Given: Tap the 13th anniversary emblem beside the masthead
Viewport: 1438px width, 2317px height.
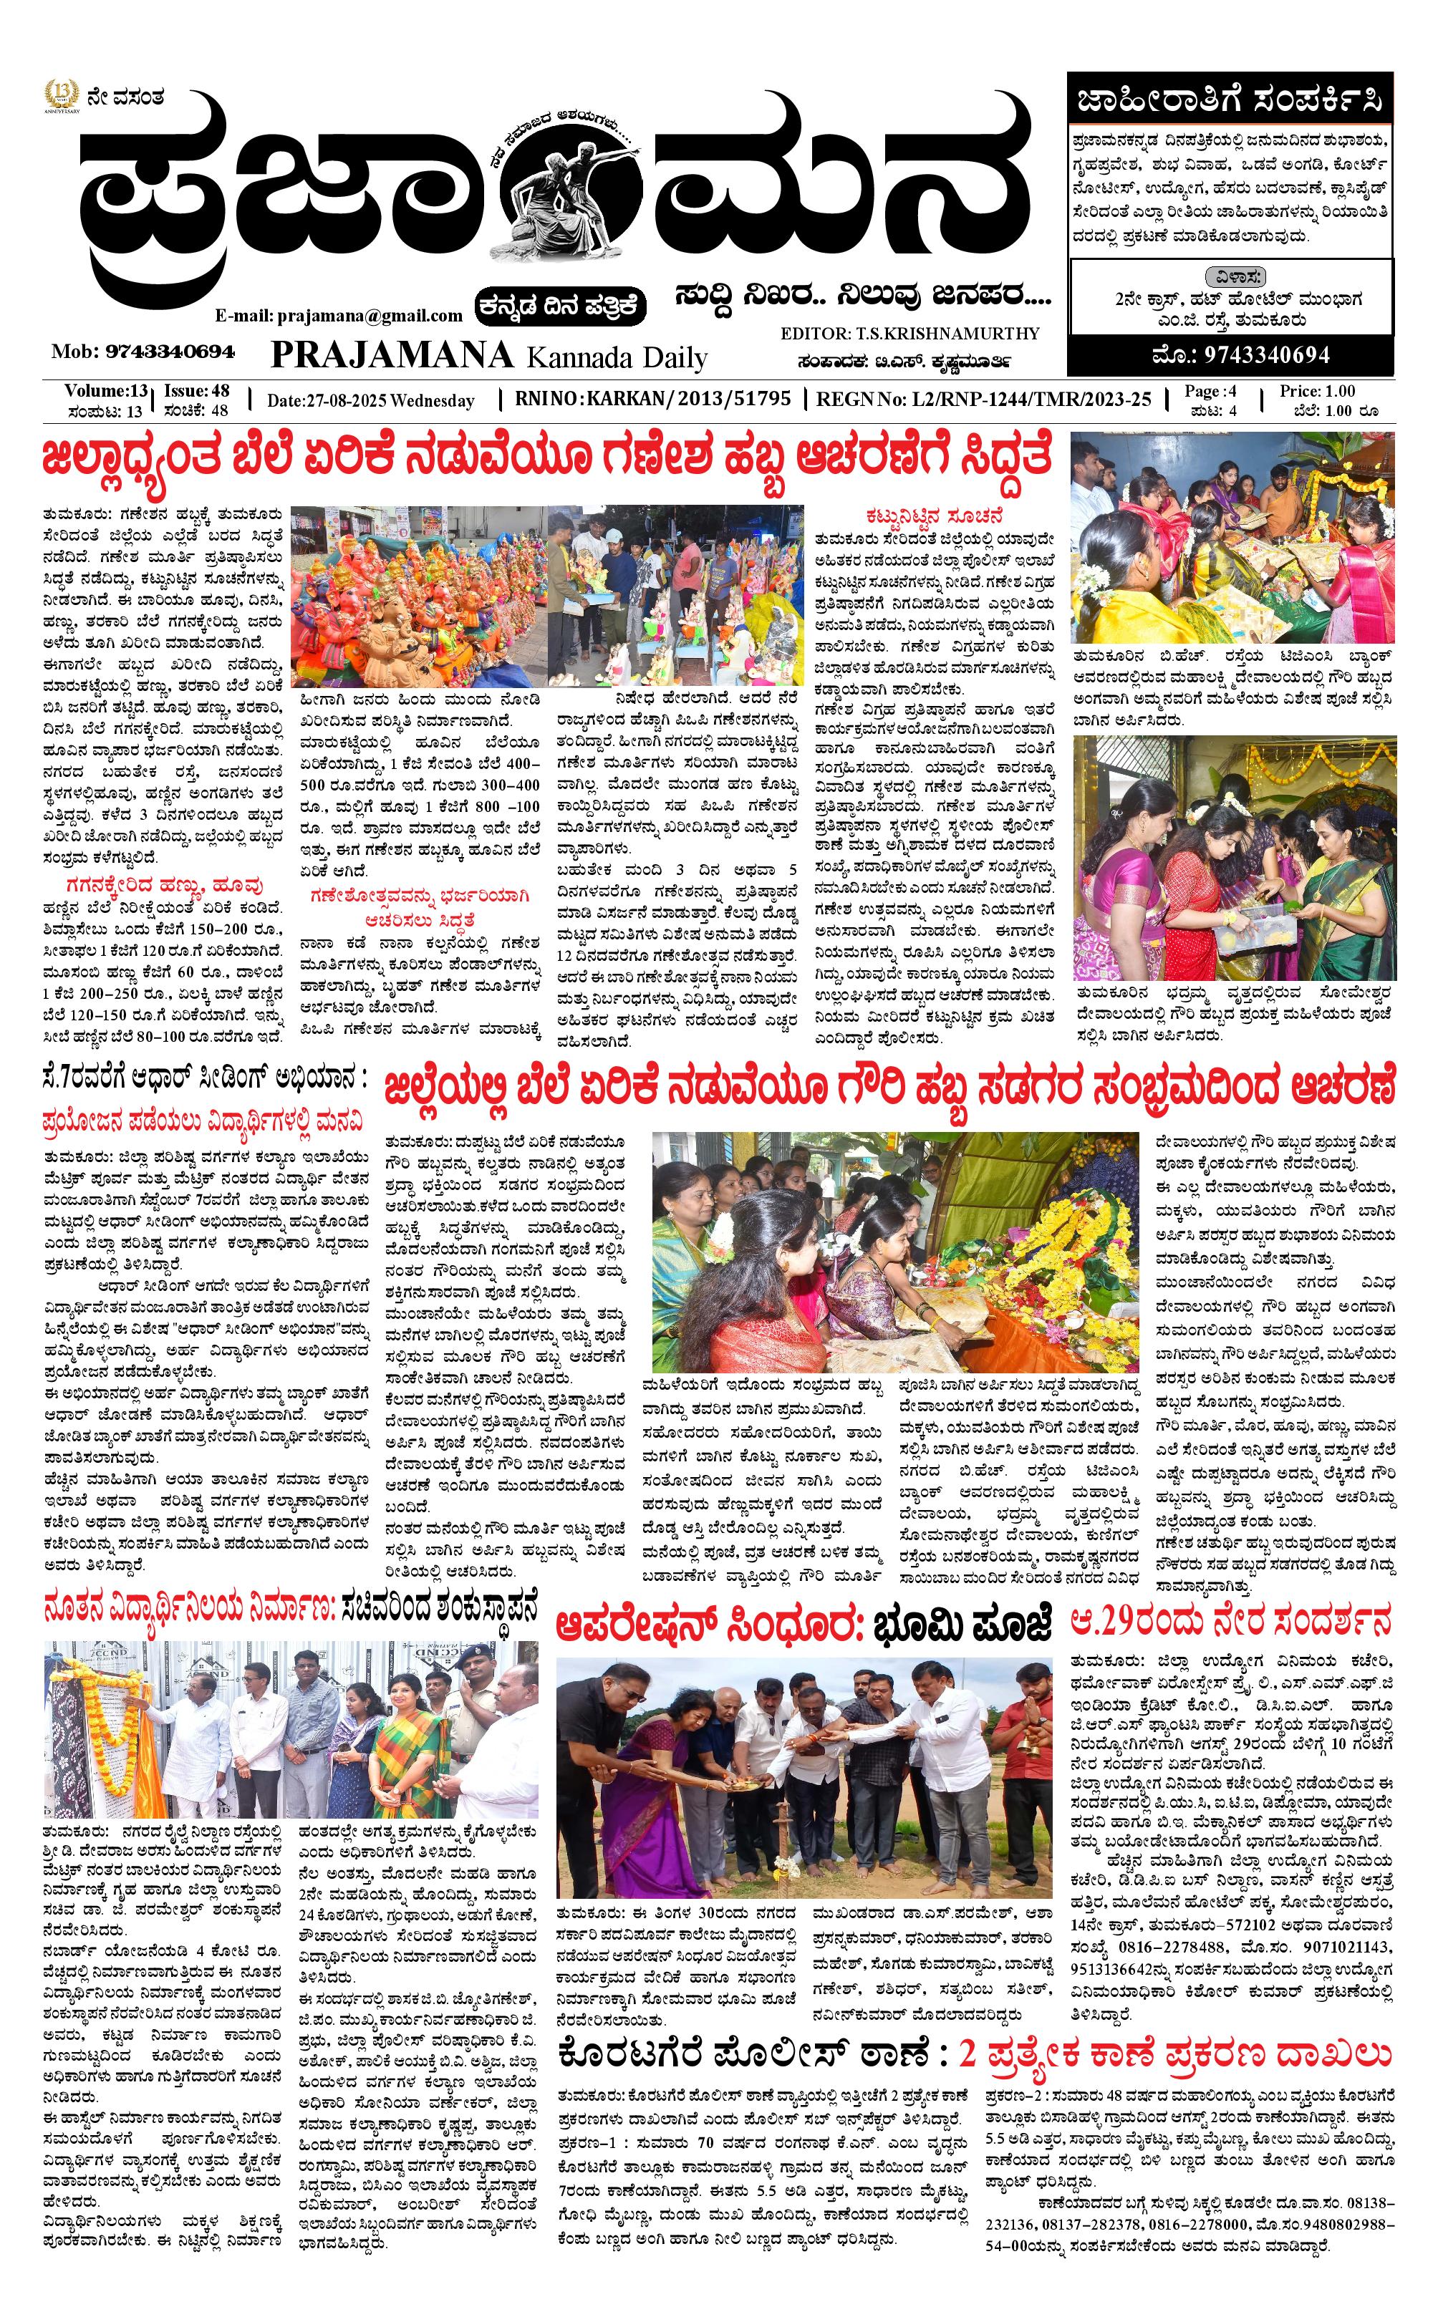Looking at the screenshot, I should point(60,97).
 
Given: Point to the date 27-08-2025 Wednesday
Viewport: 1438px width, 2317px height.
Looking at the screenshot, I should point(370,401).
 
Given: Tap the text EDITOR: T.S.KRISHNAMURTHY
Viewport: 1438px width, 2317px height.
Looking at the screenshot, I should point(909,334).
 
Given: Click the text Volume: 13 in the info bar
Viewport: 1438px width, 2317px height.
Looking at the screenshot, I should point(105,391).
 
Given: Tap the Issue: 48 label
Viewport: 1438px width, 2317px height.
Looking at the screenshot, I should point(197,391).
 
